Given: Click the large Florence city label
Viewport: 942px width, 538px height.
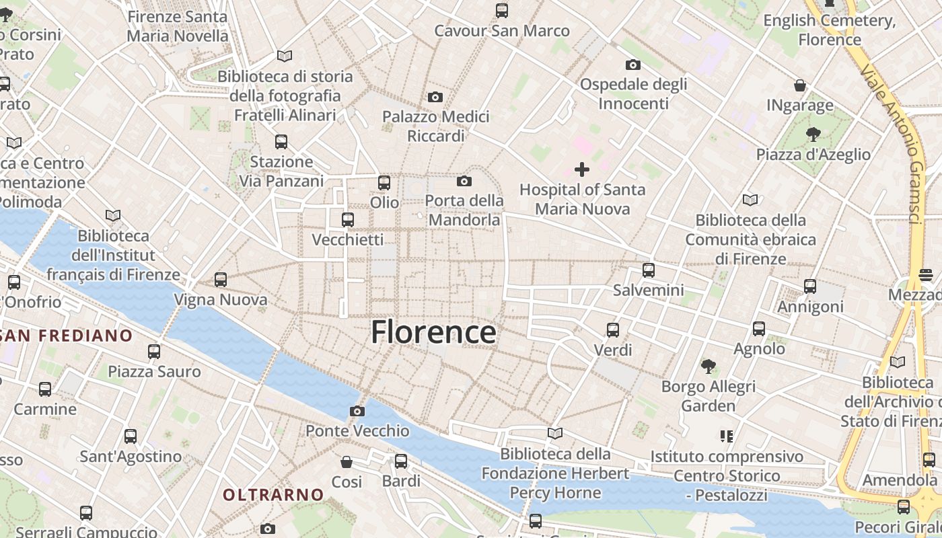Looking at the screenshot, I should pos(434,332).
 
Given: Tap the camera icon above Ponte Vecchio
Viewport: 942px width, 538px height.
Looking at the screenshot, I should pos(357,411).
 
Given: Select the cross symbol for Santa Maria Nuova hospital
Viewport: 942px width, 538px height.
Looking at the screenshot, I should pos(582,169).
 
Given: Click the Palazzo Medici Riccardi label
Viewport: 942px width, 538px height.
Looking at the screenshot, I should pos(435,126).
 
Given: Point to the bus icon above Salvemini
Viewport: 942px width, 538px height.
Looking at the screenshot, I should pos(649,270).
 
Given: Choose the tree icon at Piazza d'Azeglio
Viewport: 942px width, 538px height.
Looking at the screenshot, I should pos(813,134).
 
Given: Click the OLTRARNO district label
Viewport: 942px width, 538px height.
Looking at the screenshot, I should pos(273,495).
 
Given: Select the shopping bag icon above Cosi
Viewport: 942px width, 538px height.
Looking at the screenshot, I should pos(347,462).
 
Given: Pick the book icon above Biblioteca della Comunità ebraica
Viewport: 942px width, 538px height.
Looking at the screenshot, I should pos(750,200).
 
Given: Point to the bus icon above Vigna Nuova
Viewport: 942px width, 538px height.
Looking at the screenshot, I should pos(221,280).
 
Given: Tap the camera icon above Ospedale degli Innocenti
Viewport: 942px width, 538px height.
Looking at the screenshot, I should pos(632,65).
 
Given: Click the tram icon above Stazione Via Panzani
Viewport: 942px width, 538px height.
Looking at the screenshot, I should pos(281,142).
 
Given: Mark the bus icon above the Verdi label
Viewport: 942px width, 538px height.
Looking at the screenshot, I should pos(613,330).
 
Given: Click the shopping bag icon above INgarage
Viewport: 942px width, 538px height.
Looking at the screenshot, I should pos(800,85).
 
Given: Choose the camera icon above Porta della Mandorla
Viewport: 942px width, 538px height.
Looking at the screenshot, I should pos(464,181).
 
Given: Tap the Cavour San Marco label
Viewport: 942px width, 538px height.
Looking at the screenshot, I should pos(502,31).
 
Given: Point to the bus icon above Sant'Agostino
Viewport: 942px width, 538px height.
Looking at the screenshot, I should pos(131,436).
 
